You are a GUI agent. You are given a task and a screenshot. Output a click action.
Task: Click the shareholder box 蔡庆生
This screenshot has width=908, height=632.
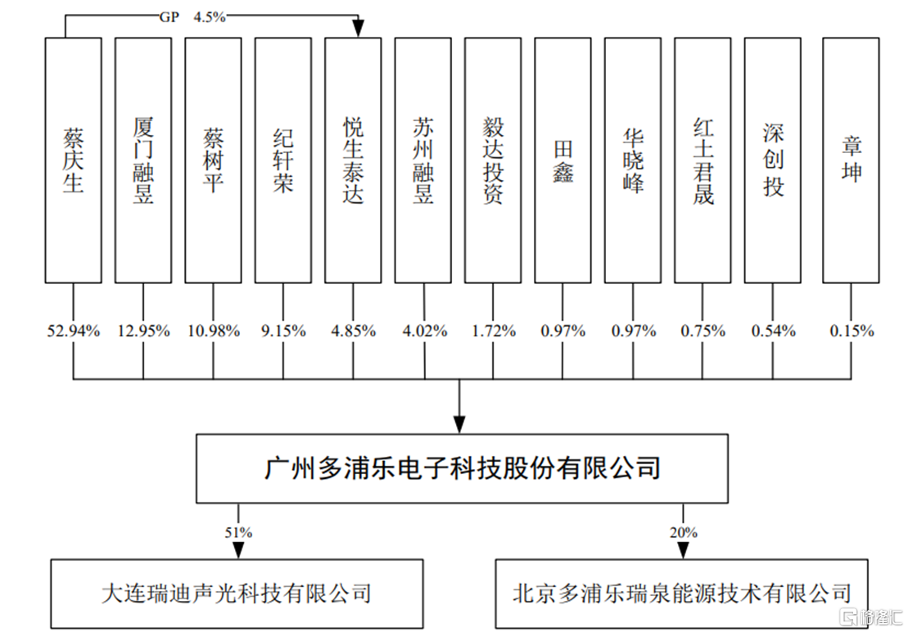pos(74,160)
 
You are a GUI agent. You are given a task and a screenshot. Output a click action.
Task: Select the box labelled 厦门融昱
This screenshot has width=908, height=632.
pos(143,160)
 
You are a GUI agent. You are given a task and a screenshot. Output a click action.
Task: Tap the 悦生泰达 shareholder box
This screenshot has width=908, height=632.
pos(353,160)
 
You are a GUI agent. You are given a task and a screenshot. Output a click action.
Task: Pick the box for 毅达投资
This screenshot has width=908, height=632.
pos(493,160)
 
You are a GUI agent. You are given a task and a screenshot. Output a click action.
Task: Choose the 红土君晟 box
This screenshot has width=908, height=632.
pos(703,160)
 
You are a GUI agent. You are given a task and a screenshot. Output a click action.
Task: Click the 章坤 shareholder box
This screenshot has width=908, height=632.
pos(852,160)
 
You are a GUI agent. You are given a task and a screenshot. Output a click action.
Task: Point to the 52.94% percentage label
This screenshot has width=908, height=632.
pos(74,331)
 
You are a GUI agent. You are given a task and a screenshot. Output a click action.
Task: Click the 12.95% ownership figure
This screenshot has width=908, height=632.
pos(143,331)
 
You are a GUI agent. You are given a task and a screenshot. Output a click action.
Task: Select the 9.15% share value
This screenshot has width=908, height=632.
pos(283,331)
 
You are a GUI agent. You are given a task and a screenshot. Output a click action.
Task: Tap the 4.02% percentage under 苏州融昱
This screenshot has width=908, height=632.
pos(424,331)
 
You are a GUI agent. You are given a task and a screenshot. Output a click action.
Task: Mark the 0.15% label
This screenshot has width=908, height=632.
pos(852,331)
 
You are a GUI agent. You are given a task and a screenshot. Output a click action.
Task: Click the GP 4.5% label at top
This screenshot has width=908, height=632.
pos(192,17)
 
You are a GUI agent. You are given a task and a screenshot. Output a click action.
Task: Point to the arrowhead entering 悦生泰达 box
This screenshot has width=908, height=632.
pos(359,29)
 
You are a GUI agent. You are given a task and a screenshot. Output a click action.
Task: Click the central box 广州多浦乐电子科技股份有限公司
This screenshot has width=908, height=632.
pos(462,468)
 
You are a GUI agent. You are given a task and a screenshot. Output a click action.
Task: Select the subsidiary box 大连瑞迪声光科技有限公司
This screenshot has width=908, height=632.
pos(237,594)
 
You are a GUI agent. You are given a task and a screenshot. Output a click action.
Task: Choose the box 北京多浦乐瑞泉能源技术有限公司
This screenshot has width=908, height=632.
pos(681,594)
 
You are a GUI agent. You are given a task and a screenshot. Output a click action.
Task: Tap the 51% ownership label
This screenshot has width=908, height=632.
pos(238,532)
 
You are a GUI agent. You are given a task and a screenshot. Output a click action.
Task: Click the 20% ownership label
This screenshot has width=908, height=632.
pos(684,532)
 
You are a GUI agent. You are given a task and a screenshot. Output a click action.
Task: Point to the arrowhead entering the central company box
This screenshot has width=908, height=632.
pos(459,426)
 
